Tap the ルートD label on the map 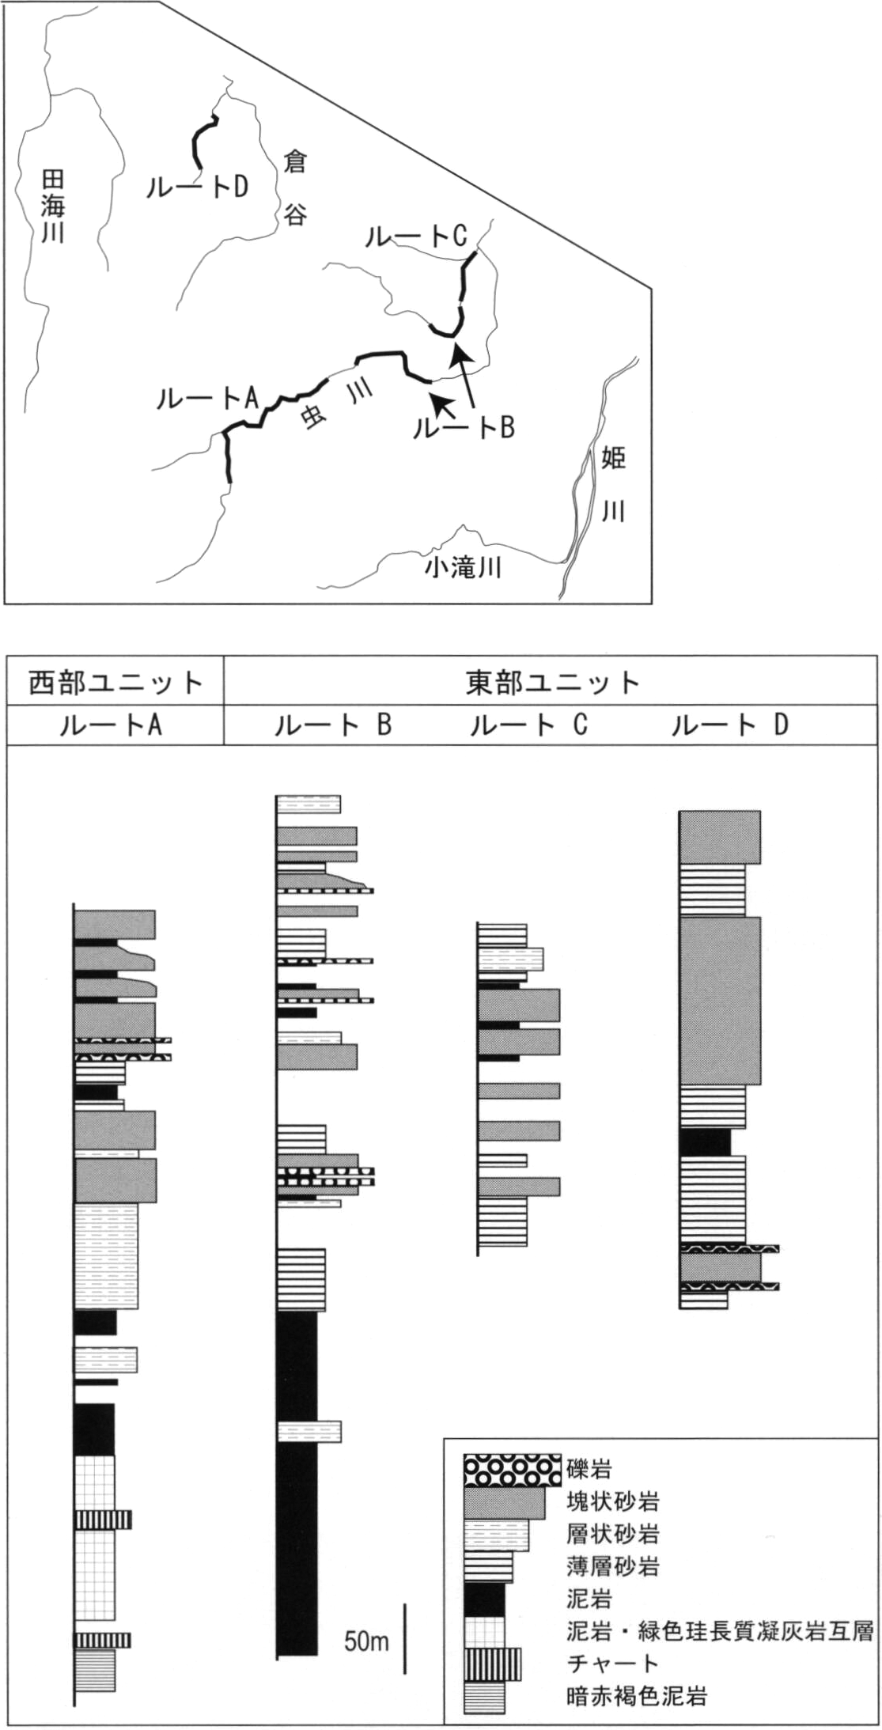pos(198,186)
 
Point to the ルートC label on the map pos(416,236)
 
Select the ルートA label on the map pos(208,398)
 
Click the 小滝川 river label pos(464,567)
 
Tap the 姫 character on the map pos(614,457)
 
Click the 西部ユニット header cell pos(115,682)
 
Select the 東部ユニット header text pos(552,683)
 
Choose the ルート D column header pos(730,725)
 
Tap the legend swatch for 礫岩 pos(513,1471)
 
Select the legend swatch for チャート pos(493,1664)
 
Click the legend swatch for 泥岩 pos(484,1599)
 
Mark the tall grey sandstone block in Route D pos(720,1001)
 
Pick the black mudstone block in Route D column pos(705,1142)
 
